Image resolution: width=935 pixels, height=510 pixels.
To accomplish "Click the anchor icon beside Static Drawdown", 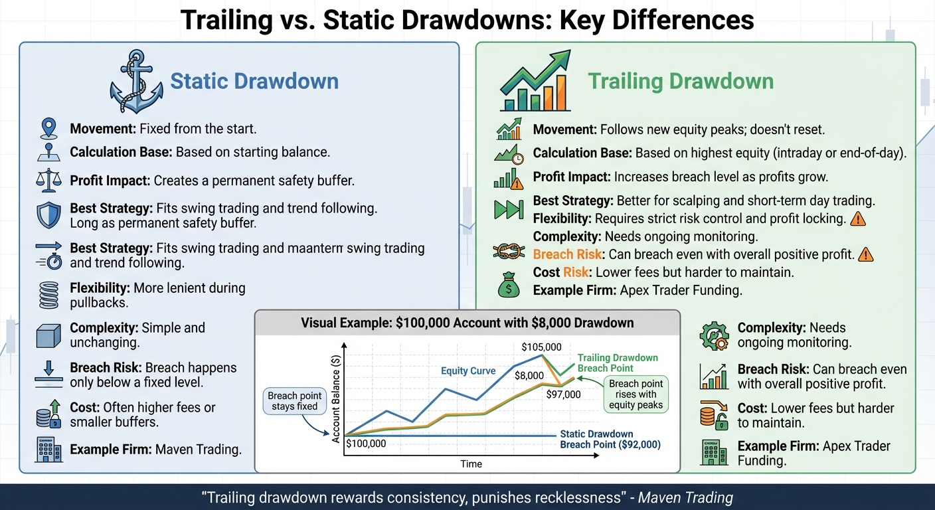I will tap(136, 82).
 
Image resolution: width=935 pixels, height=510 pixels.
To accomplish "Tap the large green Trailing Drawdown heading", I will tap(681, 82).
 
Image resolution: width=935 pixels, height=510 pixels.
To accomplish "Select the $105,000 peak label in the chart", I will tap(541, 347).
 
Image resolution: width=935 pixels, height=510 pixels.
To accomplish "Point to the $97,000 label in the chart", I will tap(563, 394).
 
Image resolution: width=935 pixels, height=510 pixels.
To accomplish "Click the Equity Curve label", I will tap(468, 371).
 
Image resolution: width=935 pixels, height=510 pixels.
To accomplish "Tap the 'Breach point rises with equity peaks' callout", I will tap(636, 394).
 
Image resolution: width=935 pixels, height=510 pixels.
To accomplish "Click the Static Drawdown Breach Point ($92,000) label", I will tap(610, 440).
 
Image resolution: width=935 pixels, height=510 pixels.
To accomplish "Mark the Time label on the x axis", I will tap(471, 464).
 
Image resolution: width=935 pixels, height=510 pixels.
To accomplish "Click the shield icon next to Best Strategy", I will tap(50, 215).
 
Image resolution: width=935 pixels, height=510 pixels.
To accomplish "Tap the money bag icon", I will tap(509, 286).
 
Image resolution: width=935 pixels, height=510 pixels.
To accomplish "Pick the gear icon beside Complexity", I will tap(714, 335).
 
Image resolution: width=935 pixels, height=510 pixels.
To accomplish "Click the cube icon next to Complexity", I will tap(50, 335).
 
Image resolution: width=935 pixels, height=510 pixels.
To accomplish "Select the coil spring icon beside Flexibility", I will tap(50, 295).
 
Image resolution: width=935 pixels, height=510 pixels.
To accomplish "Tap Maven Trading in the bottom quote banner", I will tap(686, 497).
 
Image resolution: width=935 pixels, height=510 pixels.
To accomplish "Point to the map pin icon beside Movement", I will tap(50, 128).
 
